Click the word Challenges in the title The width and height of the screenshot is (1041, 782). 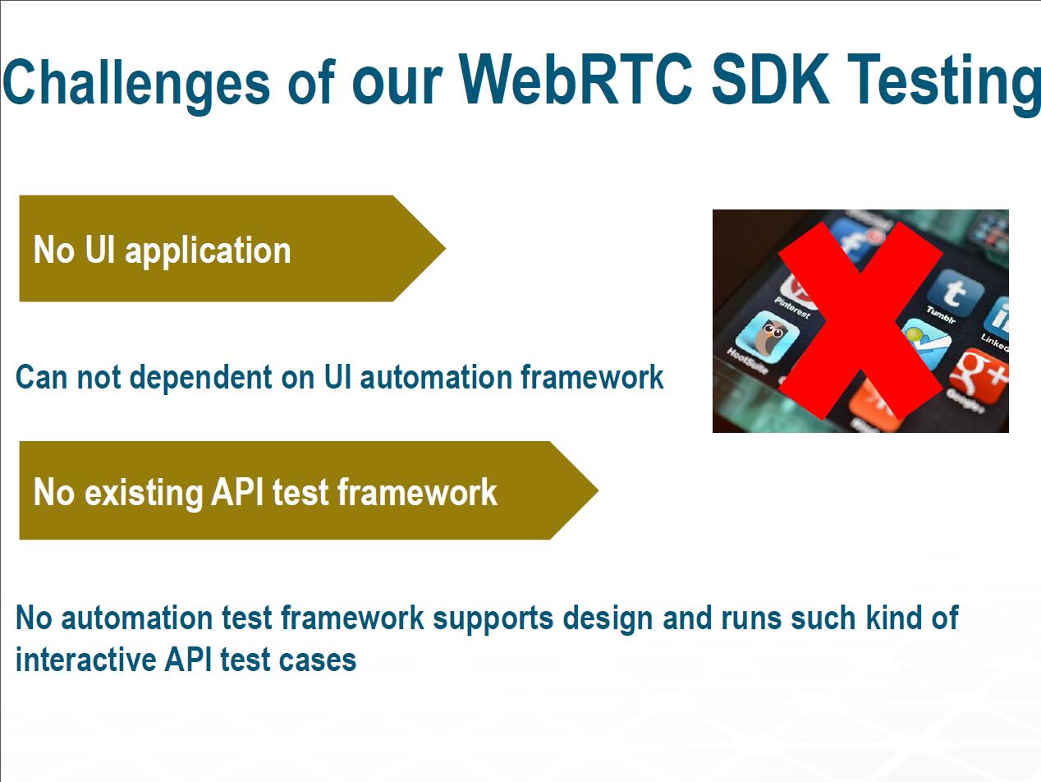tap(136, 82)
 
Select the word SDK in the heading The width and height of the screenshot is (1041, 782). tap(771, 79)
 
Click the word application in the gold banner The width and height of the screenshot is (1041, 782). tap(208, 251)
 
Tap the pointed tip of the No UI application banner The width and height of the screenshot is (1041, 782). tap(445, 248)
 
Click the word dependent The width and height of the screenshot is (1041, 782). tap(200, 377)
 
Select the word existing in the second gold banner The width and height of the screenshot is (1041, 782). tap(144, 493)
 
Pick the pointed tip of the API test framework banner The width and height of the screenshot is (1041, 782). tap(598, 490)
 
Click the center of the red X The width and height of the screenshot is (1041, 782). tap(860, 321)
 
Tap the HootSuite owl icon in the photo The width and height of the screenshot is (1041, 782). tap(768, 337)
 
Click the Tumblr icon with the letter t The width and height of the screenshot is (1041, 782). tap(954, 292)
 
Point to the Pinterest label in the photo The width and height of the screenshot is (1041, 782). tap(792, 307)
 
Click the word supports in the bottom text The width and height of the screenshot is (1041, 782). tap(493, 619)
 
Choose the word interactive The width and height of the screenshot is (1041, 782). tap(86, 660)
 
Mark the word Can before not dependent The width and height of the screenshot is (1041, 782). tap(42, 378)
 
